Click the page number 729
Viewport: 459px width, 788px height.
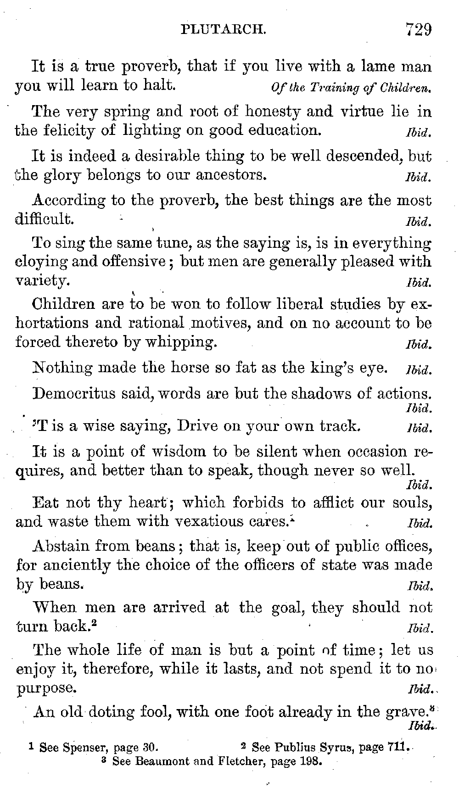418,30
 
